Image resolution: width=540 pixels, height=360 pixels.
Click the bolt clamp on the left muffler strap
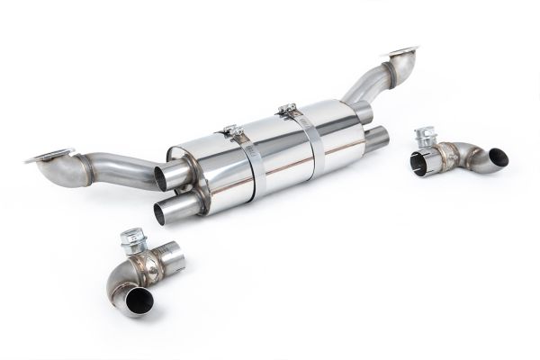[x=230, y=132]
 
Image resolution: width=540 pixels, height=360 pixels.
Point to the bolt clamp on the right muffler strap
[x=288, y=111]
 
